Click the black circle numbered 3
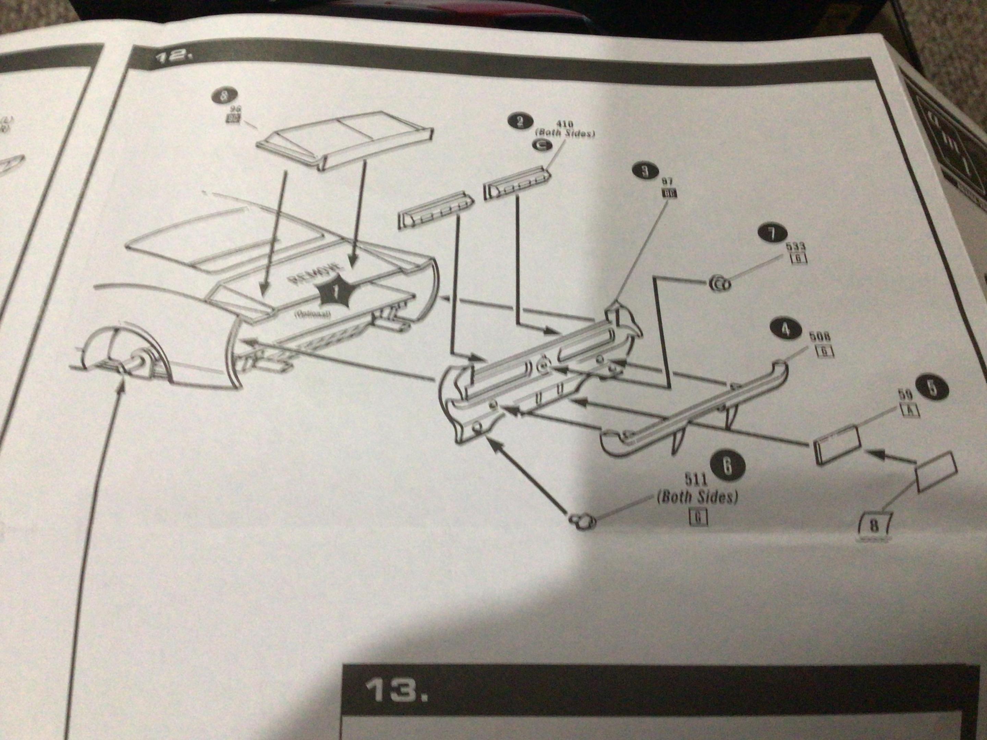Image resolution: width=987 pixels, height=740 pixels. pos(644,171)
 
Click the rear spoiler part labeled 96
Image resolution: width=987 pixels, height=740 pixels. pos(344,140)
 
